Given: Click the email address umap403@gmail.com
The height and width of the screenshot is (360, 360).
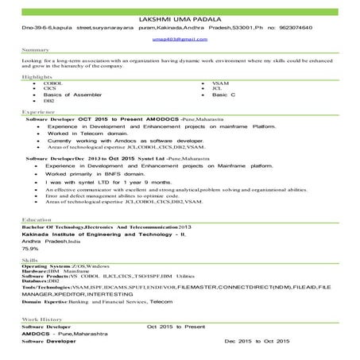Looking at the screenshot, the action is point(179,37).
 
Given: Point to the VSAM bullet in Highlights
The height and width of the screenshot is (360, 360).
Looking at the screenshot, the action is point(221,83).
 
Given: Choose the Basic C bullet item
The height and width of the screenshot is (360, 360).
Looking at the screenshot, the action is point(226,95).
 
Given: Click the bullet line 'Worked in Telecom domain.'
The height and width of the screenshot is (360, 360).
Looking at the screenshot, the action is point(89,134).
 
